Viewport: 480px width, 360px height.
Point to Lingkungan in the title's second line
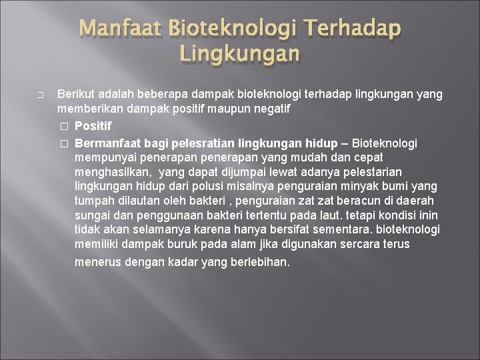point(240,53)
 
